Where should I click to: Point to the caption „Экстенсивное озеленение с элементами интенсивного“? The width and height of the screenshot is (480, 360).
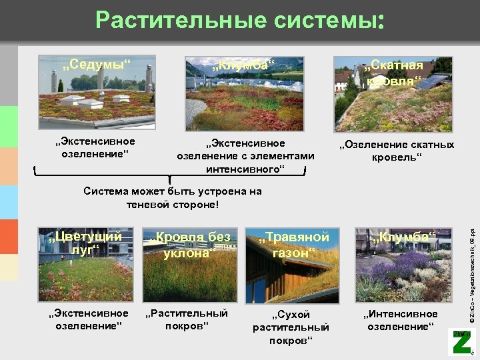click(245, 156)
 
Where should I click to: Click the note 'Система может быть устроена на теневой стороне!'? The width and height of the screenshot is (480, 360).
click(173, 198)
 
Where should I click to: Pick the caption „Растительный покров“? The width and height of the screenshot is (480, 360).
click(187, 319)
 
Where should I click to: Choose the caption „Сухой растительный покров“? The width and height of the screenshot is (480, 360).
click(291, 327)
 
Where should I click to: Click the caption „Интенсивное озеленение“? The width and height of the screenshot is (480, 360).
click(401, 320)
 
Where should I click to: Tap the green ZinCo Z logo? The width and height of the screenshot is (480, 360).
click(461, 342)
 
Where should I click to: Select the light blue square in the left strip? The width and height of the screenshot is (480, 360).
click(9, 202)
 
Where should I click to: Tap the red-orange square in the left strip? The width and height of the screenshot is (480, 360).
click(9, 237)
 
